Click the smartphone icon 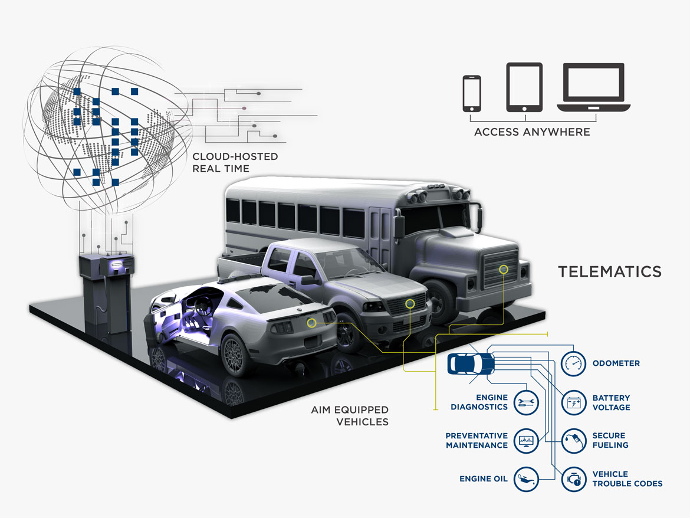[472, 93]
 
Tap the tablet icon [524, 87]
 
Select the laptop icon [594, 87]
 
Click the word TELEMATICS [610, 271]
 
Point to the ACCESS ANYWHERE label [532, 132]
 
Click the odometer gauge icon [573, 363]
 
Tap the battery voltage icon [574, 402]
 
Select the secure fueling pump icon [574, 441]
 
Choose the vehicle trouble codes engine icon [574, 479]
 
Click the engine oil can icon [526, 479]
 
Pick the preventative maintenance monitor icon [526, 441]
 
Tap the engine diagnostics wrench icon [526, 402]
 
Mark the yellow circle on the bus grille [504, 269]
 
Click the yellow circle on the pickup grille [410, 303]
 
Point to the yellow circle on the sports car [311, 323]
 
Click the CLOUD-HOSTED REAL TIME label [235, 162]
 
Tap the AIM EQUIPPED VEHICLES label [350, 416]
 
